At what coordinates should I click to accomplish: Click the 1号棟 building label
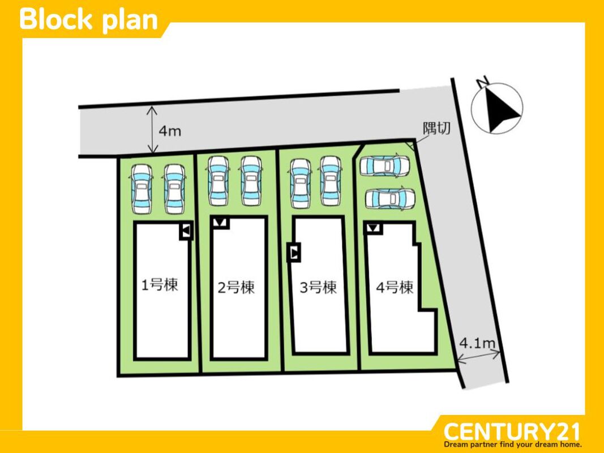(x=160, y=285)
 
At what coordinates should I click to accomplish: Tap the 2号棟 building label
(x=236, y=287)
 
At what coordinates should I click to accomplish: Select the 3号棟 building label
(x=318, y=287)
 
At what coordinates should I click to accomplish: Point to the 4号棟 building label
(x=395, y=287)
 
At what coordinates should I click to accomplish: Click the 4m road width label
(x=170, y=131)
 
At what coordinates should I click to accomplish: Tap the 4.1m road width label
(x=477, y=343)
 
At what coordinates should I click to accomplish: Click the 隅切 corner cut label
(x=437, y=128)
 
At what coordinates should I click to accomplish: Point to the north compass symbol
(x=498, y=108)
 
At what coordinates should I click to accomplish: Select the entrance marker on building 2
(x=220, y=223)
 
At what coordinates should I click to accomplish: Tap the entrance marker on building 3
(x=294, y=253)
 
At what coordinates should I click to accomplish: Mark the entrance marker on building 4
(x=373, y=228)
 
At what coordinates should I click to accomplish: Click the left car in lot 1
(x=142, y=189)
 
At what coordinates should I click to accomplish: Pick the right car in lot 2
(x=251, y=181)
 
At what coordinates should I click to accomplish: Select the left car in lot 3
(x=301, y=183)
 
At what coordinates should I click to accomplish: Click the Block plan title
(x=89, y=19)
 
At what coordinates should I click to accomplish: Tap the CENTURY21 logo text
(x=512, y=431)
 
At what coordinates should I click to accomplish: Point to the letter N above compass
(x=482, y=82)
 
